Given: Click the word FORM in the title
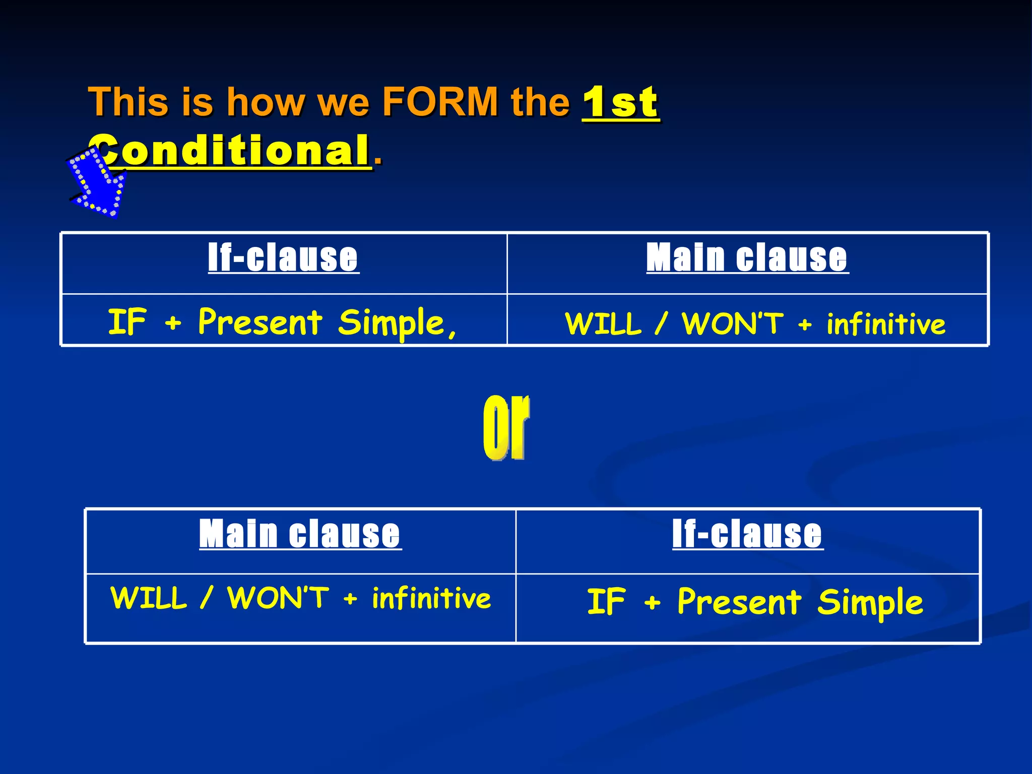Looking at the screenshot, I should [x=440, y=102].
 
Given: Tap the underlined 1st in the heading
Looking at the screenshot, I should [x=620, y=102].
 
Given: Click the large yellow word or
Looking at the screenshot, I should [x=506, y=427].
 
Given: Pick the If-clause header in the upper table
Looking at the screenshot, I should [x=283, y=257].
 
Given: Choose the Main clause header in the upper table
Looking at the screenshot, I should [x=747, y=257].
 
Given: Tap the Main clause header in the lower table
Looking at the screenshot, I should [x=300, y=534].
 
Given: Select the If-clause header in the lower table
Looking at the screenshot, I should [x=747, y=534].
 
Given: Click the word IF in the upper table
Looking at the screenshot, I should [x=127, y=322].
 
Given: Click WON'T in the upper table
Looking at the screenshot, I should [x=733, y=323].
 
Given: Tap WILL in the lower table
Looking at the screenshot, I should [x=149, y=598].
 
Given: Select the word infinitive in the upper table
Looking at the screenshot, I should [x=886, y=324].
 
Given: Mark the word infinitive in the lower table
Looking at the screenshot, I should [x=431, y=599].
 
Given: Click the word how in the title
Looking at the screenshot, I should [x=266, y=102].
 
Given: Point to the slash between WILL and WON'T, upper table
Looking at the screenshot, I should [x=661, y=323].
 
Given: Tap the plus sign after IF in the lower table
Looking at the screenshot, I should [x=652, y=602].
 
